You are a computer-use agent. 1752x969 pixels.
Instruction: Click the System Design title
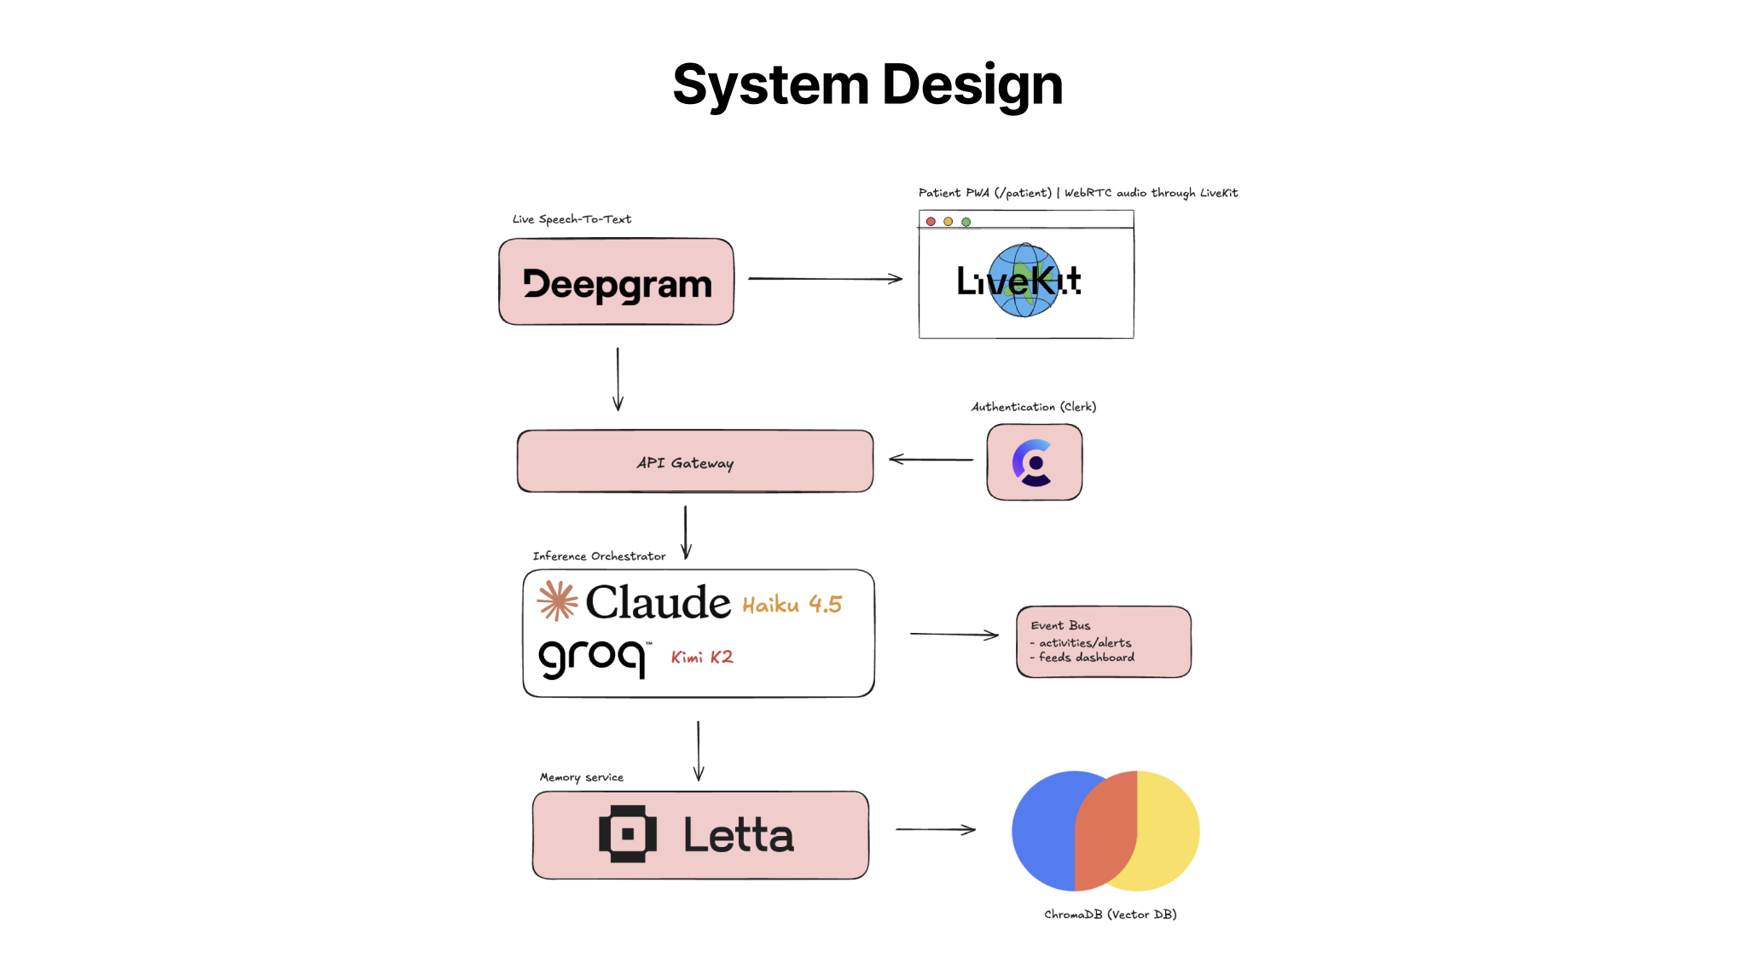[x=867, y=85]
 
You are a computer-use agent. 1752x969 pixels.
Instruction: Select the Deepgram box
[x=616, y=282]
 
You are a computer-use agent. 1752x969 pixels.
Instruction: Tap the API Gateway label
[x=685, y=463]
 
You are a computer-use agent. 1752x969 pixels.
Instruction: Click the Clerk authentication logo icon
[x=1034, y=462]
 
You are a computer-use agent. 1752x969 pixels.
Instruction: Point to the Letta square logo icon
[x=628, y=834]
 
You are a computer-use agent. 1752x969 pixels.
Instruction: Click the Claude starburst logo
[x=557, y=601]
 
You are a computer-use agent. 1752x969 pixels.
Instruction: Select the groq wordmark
[x=591, y=657]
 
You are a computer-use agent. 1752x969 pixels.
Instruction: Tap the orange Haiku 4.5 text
[x=792, y=605]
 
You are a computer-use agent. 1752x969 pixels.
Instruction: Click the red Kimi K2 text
[x=701, y=657]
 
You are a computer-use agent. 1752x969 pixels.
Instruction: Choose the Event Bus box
[x=1103, y=642]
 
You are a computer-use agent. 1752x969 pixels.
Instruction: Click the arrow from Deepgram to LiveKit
[x=825, y=279]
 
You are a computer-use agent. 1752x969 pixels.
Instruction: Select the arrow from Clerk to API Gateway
[x=931, y=459]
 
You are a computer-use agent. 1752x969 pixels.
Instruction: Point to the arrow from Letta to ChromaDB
[x=935, y=829]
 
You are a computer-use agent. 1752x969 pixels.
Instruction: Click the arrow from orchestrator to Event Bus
[x=954, y=634]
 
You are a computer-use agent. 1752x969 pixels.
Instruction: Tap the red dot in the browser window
[x=931, y=222]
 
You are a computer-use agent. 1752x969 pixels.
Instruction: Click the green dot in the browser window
[x=966, y=222]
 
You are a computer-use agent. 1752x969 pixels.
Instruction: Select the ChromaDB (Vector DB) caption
[x=1110, y=914]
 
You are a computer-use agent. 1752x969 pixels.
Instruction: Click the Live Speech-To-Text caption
[x=571, y=219]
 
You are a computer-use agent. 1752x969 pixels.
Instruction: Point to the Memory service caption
[x=582, y=777]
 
